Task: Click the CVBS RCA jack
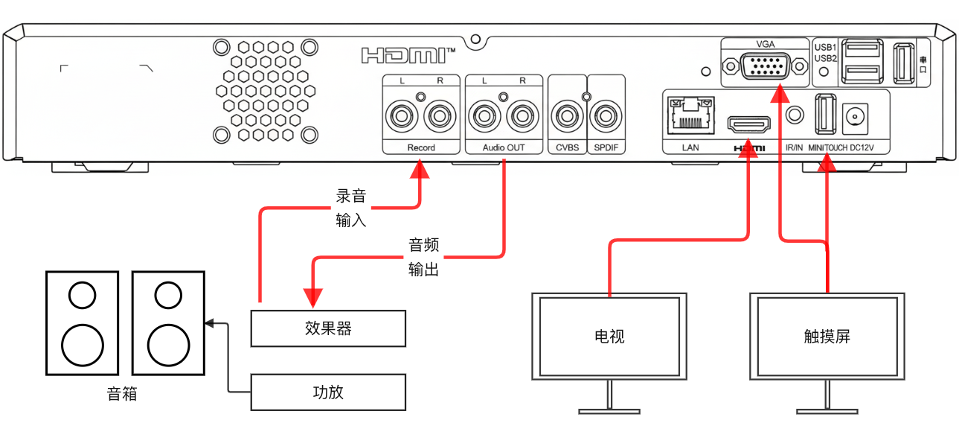(567, 117)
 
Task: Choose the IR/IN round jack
(795, 115)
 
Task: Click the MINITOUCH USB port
(824, 115)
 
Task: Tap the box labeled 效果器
(328, 328)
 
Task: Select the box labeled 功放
(328, 392)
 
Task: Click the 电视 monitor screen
(609, 336)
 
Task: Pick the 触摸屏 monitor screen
(827, 336)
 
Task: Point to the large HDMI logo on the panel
(407, 55)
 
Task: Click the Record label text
(421, 147)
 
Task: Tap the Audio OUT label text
(504, 147)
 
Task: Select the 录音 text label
(352, 196)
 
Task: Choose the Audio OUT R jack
(522, 117)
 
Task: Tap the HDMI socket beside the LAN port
(748, 123)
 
